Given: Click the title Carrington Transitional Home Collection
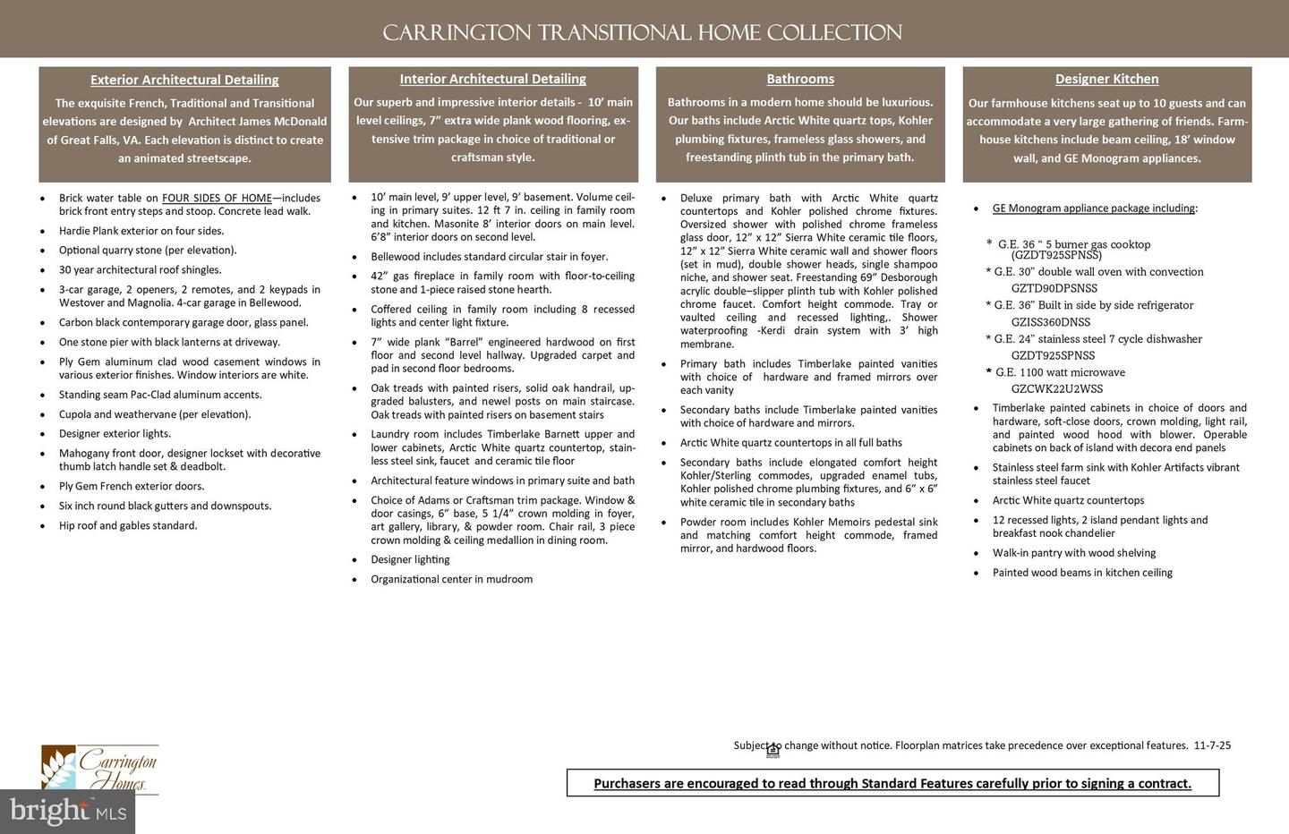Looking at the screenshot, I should click(x=642, y=33).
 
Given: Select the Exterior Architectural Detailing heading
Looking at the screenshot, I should click(x=184, y=80).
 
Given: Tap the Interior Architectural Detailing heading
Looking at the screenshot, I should click(x=492, y=79).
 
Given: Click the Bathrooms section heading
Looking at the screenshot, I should click(x=800, y=79).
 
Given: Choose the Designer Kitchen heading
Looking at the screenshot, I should click(x=1106, y=79).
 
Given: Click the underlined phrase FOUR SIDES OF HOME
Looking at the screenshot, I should click(x=217, y=199).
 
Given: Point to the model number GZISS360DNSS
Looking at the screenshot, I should click(x=1050, y=322).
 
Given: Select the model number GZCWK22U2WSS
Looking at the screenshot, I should click(x=1056, y=389).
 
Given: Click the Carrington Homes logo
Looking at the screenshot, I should click(x=100, y=770).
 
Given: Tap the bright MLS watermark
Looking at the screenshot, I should click(x=67, y=811).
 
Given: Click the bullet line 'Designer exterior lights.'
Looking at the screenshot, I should click(x=115, y=434).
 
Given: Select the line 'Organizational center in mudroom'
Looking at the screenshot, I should click(x=451, y=579).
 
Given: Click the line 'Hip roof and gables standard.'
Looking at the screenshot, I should click(x=128, y=525).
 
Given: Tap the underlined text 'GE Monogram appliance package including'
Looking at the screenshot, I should click(x=1093, y=208).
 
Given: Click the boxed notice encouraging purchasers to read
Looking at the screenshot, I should click(x=892, y=783).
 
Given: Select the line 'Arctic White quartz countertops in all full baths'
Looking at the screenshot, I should click(x=790, y=443).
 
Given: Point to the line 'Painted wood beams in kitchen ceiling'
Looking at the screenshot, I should click(x=1081, y=573).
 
